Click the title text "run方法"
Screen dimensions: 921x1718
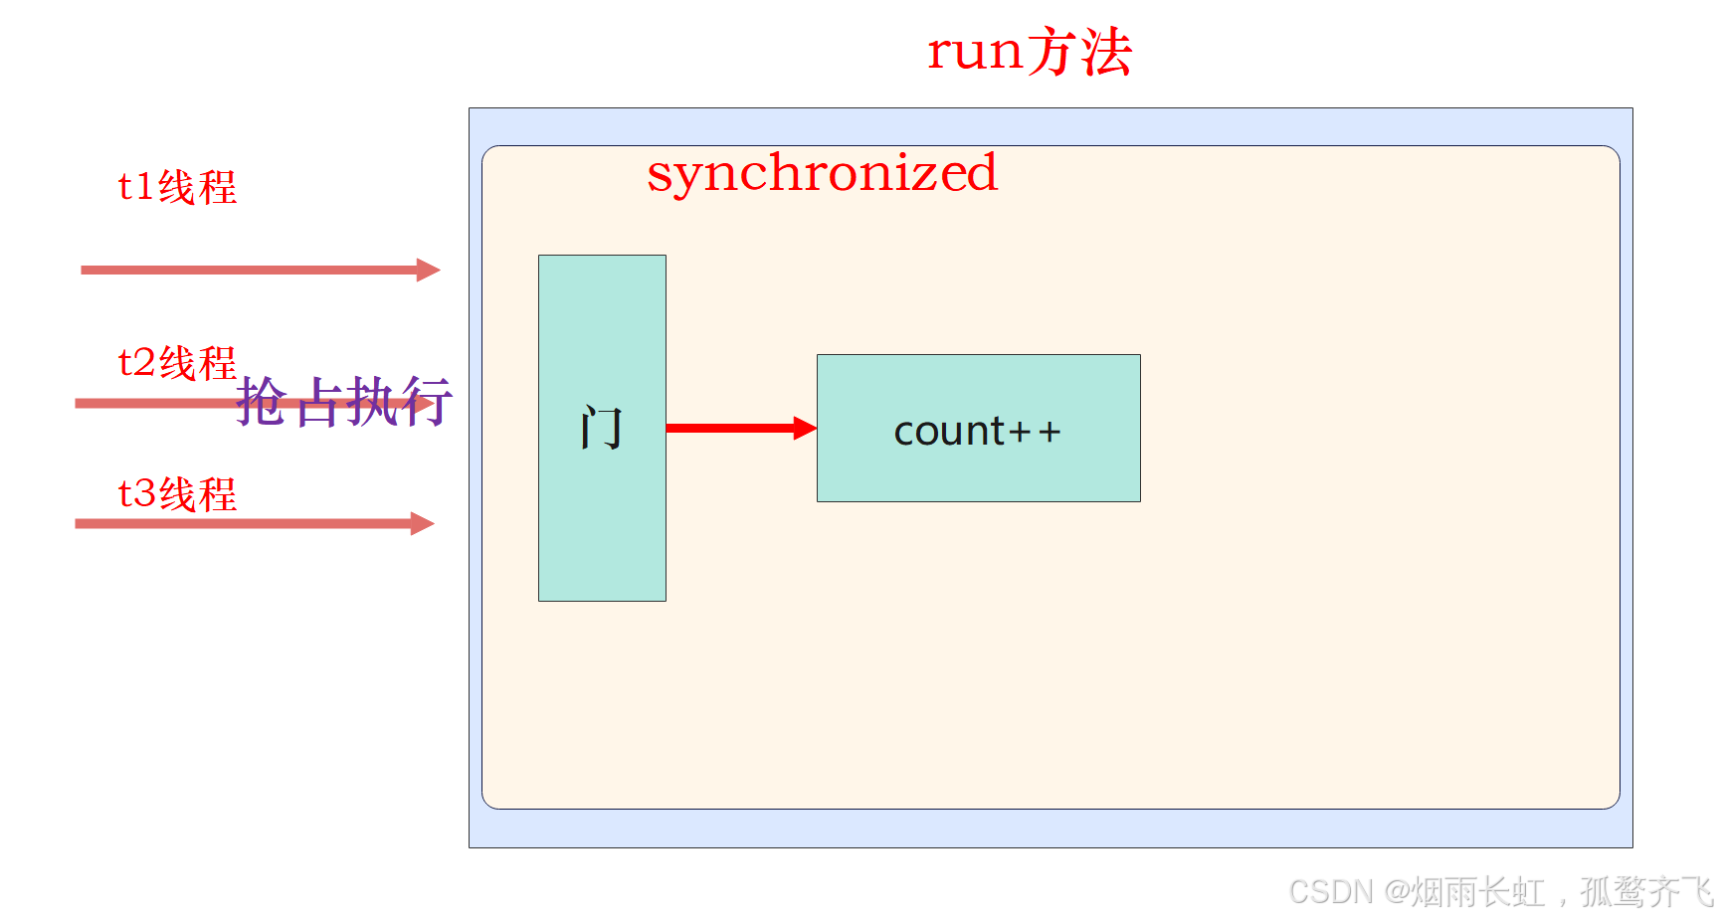[x=1030, y=52]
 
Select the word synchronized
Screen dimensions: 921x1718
[x=822, y=173]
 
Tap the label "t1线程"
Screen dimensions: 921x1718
[x=177, y=187]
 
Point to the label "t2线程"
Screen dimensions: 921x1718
[x=177, y=363]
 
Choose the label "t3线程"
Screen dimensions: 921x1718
[x=177, y=494]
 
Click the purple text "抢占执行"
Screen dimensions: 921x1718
[x=344, y=402]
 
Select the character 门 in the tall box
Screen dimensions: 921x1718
[x=602, y=429]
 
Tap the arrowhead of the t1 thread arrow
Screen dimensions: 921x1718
[x=429, y=270]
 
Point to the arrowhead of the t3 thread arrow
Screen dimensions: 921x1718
[x=423, y=524]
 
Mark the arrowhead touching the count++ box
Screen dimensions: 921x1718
[x=805, y=429]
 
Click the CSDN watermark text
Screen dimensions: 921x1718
[x=1500, y=892]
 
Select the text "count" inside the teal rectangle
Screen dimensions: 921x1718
[x=949, y=432]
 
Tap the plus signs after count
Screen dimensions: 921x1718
[x=1036, y=432]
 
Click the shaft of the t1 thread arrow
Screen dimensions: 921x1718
[x=249, y=270]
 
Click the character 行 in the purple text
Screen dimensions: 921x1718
[x=428, y=402]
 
